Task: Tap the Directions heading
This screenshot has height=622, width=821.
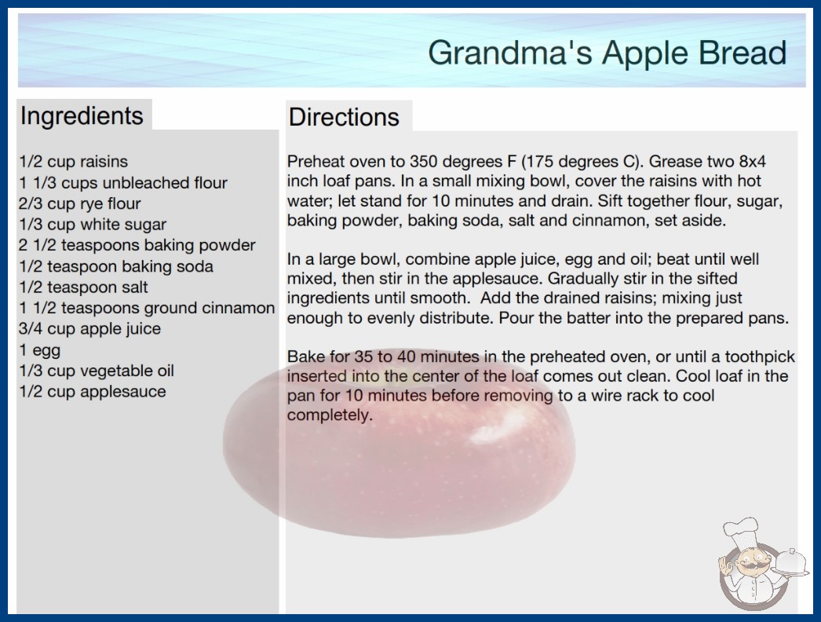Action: [344, 117]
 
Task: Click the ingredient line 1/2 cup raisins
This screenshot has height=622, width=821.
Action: [73, 162]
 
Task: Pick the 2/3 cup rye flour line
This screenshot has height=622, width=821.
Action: [79, 204]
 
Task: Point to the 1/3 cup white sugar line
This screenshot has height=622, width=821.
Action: [93, 225]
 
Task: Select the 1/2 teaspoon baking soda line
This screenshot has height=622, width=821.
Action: [116, 267]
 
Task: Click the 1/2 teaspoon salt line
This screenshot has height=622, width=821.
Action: [83, 287]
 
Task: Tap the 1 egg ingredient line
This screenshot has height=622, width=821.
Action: [40, 350]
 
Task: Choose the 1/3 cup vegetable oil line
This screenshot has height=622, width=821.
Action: [97, 371]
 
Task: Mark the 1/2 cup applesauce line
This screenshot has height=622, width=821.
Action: [92, 392]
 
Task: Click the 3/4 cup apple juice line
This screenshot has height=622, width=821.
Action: [89, 329]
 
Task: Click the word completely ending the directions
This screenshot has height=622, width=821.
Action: [330, 415]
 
